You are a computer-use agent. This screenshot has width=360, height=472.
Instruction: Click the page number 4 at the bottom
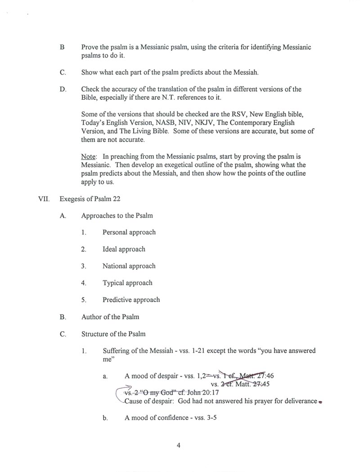(179, 446)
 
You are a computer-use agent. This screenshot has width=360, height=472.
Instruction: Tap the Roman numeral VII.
(44, 199)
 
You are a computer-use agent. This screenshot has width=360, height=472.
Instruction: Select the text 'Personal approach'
(129, 232)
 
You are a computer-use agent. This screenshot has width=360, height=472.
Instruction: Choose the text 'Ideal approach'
(124, 249)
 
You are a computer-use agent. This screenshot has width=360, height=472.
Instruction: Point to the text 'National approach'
(129, 266)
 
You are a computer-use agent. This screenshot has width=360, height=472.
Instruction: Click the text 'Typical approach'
(127, 283)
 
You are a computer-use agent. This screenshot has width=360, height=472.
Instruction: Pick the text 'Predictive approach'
(131, 300)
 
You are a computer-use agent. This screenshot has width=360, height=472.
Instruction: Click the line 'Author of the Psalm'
(110, 316)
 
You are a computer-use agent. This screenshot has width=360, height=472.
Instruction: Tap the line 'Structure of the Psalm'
(113, 334)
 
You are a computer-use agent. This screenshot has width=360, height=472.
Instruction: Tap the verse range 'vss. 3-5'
(207, 418)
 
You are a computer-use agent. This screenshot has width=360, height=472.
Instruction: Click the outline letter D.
(63, 89)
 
